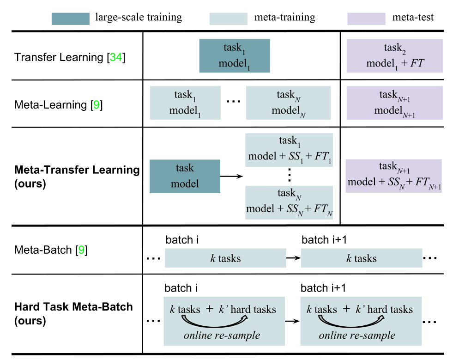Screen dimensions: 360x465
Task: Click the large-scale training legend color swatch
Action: (70, 18)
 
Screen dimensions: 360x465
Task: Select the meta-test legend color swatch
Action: (366, 18)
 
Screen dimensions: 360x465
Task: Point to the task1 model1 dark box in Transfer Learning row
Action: (234, 55)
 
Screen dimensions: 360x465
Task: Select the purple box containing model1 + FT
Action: (395, 55)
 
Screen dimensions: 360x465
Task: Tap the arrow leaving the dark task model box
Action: (231, 176)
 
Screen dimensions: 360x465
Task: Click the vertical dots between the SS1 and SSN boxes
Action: (289, 176)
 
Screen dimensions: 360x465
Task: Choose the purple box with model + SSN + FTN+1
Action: (393, 176)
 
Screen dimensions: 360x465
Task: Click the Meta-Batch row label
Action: (51, 251)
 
